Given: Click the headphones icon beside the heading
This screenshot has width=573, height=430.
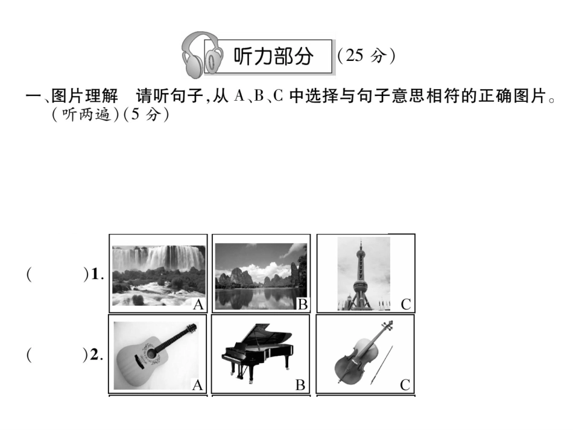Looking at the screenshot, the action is [202, 55].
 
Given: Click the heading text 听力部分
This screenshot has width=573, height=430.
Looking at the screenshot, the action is [273, 56].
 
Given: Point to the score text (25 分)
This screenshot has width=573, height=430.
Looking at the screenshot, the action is [366, 56].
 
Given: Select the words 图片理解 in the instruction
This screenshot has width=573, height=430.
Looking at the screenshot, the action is [85, 96].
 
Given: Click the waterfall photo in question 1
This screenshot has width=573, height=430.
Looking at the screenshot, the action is [159, 275].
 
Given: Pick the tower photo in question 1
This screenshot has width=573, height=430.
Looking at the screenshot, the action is [364, 274].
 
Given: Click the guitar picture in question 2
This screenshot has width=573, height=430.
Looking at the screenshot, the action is [156, 355].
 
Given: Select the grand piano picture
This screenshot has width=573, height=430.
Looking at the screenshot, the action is [257, 352].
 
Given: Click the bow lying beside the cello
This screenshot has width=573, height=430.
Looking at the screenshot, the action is [381, 365].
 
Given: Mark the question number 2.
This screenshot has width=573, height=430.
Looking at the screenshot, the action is [97, 355].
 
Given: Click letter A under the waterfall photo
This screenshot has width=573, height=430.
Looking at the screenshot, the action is [198, 305].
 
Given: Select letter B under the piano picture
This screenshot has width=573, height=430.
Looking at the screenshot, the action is [300, 385].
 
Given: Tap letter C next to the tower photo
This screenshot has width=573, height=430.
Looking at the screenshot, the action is [406, 305].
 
